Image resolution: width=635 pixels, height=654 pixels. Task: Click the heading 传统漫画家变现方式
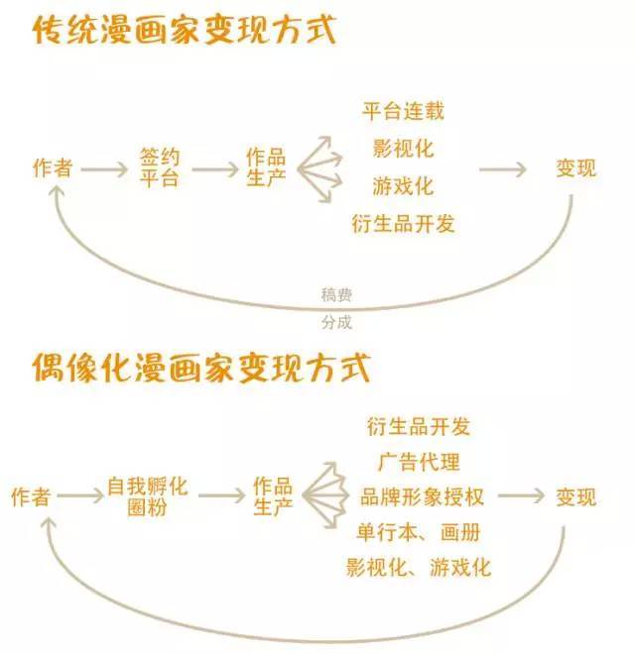point(185,29)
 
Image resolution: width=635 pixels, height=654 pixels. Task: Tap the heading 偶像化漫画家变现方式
point(201,368)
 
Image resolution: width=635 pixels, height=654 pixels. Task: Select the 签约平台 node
point(159,167)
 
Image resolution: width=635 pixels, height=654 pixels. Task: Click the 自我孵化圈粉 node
point(148,496)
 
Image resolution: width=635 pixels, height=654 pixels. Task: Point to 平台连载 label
point(403,111)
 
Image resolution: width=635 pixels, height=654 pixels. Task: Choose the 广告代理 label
point(419,462)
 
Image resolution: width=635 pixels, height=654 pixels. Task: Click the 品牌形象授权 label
point(422,497)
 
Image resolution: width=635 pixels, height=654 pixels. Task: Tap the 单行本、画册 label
point(419,533)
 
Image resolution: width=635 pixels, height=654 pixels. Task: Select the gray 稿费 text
point(336,295)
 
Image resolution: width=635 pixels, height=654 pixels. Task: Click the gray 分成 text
point(336,322)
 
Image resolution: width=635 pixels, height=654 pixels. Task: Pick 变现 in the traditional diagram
point(575,168)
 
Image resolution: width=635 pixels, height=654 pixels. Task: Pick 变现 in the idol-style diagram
point(575,497)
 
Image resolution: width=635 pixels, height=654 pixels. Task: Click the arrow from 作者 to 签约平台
point(104,169)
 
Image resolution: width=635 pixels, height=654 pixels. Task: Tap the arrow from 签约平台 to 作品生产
point(215,169)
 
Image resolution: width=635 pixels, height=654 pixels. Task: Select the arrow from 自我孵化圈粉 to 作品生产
point(222,495)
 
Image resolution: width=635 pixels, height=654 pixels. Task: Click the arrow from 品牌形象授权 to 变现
point(521,496)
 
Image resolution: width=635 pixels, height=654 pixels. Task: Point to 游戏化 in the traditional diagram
point(403,186)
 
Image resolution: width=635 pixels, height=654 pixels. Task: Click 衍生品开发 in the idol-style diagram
point(419,427)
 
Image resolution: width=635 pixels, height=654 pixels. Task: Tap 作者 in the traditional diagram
point(53,168)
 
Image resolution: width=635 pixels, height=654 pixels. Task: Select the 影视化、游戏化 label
point(418,568)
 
